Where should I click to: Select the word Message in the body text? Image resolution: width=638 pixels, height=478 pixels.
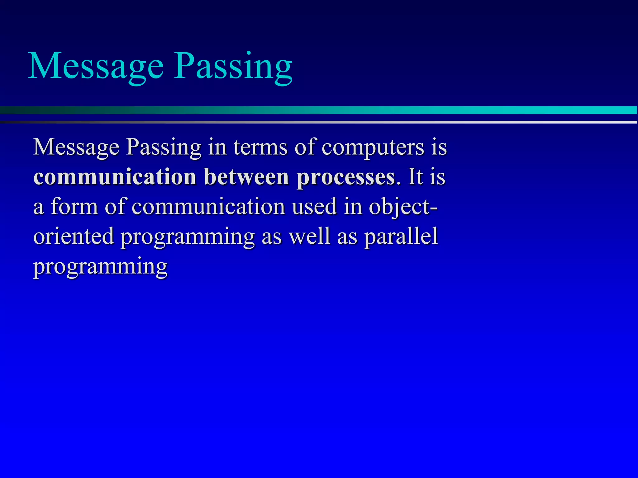(x=76, y=147)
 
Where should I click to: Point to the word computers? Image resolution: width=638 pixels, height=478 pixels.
(x=373, y=147)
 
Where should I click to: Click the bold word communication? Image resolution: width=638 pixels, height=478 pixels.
(x=115, y=177)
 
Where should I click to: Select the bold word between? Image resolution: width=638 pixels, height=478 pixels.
(x=246, y=177)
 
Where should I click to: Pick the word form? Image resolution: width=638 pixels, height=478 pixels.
(x=74, y=207)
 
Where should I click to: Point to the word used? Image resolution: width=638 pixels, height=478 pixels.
(x=315, y=207)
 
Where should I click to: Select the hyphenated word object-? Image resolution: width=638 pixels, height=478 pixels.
(x=403, y=207)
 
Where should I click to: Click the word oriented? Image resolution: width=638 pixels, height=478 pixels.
(x=74, y=237)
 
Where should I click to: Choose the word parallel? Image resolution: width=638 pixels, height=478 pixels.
(x=401, y=237)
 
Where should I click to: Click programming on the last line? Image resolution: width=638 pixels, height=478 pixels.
(x=100, y=267)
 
